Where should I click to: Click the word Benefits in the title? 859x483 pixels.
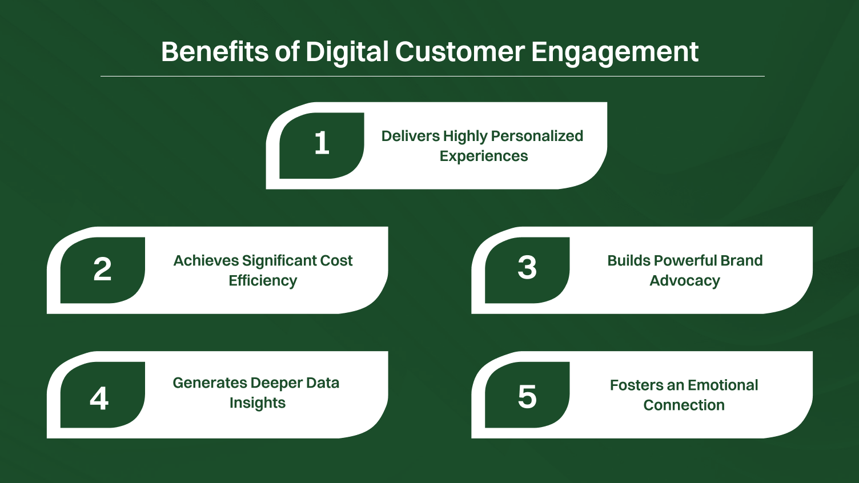tap(214, 52)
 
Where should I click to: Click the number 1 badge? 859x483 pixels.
tap(322, 144)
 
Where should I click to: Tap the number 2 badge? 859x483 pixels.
tap(102, 269)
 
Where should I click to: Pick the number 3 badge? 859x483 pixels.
tap(527, 268)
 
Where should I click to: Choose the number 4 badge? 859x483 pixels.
tap(99, 399)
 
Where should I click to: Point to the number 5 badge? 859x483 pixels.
tap(527, 397)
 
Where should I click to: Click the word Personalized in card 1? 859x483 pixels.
tap(537, 136)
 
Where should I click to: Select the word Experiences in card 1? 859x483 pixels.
tap(483, 156)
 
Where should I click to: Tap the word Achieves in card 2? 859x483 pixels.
tap(206, 260)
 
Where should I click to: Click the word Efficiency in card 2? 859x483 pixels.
tap(263, 281)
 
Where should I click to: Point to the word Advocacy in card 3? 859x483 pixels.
tap(684, 281)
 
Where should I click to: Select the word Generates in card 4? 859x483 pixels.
tap(210, 383)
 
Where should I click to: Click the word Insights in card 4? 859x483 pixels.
tap(257, 403)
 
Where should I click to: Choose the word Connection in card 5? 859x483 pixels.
tap(684, 405)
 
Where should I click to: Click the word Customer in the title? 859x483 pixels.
tap(459, 52)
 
